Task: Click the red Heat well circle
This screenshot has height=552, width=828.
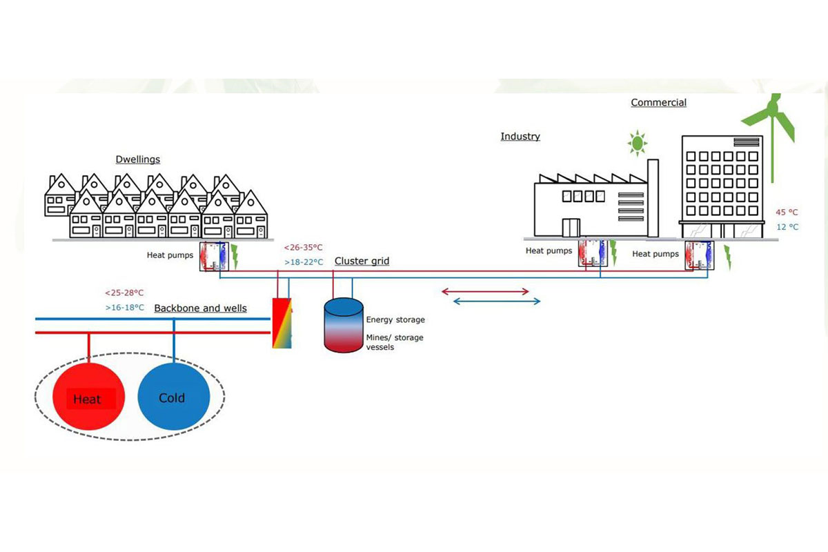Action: coord(89,396)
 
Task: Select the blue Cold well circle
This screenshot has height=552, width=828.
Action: coord(174,396)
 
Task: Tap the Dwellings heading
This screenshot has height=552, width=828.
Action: coord(138,159)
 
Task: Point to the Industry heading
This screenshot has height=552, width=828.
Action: coord(520,137)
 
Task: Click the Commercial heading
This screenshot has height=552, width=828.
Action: coord(658,102)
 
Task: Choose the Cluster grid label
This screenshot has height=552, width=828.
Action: coord(362,261)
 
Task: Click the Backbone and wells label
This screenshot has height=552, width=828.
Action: coord(200,308)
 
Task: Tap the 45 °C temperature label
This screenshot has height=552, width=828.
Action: coord(787,213)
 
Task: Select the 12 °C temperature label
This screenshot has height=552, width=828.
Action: coord(787,226)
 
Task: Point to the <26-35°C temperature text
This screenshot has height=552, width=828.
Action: coord(303,247)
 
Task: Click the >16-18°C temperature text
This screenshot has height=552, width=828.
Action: coord(125,308)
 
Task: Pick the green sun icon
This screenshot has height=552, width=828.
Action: coord(638,143)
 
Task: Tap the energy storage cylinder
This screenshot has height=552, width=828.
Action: coord(344,325)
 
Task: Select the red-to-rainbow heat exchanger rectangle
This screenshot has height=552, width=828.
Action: coord(282,323)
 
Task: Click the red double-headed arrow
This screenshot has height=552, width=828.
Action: coord(485,292)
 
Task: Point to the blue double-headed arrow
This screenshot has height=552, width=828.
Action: coord(496,302)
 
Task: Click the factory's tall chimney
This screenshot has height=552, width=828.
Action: coord(653,198)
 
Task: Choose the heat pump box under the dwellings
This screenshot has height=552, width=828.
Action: coord(214,257)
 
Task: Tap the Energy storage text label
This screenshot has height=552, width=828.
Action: coord(395,319)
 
